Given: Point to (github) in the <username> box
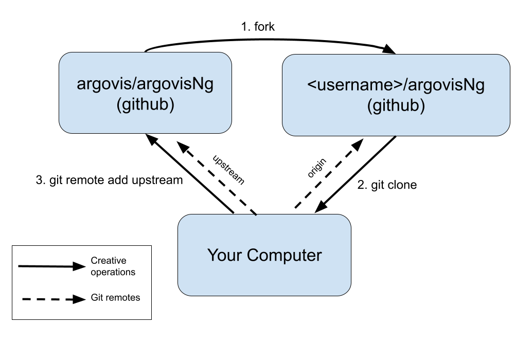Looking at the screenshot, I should click(396, 106).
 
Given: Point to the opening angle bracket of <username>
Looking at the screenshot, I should click(311, 85).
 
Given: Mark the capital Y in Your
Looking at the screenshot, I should click(212, 255).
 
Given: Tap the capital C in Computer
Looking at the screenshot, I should click(253, 255).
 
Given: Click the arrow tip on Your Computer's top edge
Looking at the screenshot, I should click(256, 215).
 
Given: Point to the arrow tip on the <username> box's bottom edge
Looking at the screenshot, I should click(395, 136).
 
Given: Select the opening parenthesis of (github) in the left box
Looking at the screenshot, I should click(119, 105).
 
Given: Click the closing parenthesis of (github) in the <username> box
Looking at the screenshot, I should click(422, 106).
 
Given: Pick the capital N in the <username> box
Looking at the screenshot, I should click(465, 85).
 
